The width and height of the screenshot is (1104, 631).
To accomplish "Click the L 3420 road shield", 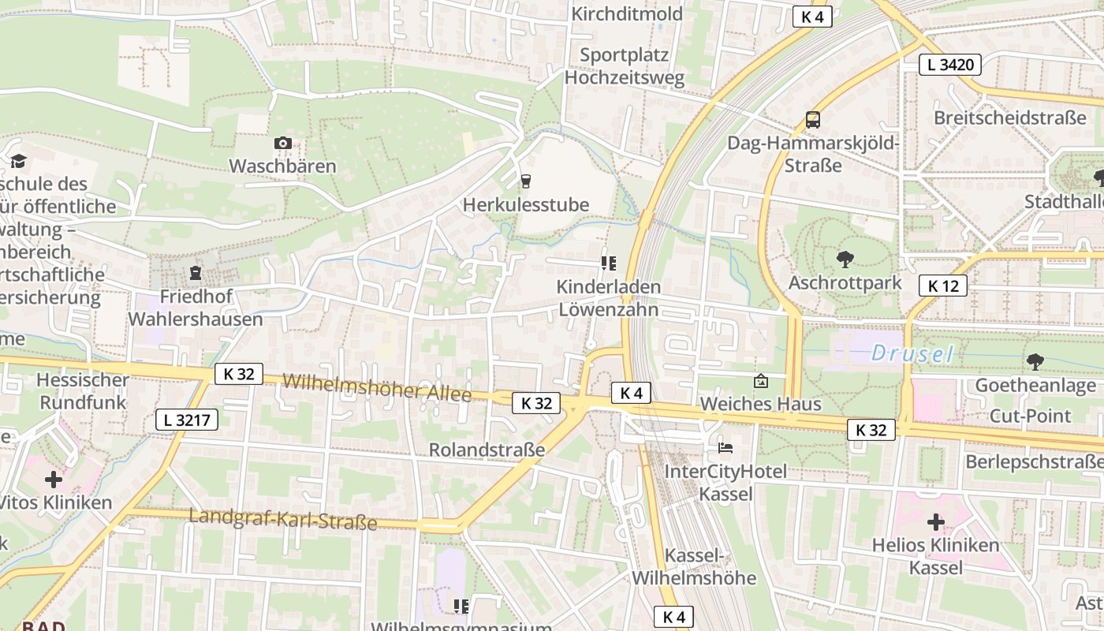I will (x=949, y=65).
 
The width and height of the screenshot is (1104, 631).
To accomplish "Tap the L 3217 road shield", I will (x=187, y=420).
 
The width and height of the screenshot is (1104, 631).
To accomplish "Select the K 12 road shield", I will (x=942, y=286).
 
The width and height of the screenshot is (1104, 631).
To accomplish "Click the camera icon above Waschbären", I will (x=282, y=143).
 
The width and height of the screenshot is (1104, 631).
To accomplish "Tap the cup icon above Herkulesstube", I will (x=526, y=181).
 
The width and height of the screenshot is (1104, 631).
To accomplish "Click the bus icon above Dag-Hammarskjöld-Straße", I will (x=812, y=120).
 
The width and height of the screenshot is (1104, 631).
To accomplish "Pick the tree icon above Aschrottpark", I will (x=845, y=259).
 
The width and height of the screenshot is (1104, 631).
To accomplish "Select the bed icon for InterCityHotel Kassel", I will (x=725, y=448).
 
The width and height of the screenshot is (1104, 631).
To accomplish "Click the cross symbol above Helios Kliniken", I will (x=935, y=521).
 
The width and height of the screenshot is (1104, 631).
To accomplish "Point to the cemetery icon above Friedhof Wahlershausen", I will (x=195, y=273).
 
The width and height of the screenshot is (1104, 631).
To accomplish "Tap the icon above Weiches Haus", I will (x=760, y=381).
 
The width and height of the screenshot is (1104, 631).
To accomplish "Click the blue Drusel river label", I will (x=912, y=354).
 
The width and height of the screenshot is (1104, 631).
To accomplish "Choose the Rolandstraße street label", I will (x=487, y=450).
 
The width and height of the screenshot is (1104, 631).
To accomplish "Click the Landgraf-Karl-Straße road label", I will (x=283, y=518).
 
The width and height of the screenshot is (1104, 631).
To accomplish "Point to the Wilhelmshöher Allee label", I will (x=377, y=386).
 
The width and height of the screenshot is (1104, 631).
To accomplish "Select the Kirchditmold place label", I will (x=627, y=13).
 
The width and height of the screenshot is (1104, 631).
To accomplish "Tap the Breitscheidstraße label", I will (x=1009, y=118).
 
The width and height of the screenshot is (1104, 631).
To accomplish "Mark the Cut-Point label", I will (x=1030, y=416).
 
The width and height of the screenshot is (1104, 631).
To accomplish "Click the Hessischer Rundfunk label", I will (x=83, y=390).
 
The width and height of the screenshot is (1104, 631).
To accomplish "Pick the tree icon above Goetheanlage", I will (x=1035, y=361).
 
